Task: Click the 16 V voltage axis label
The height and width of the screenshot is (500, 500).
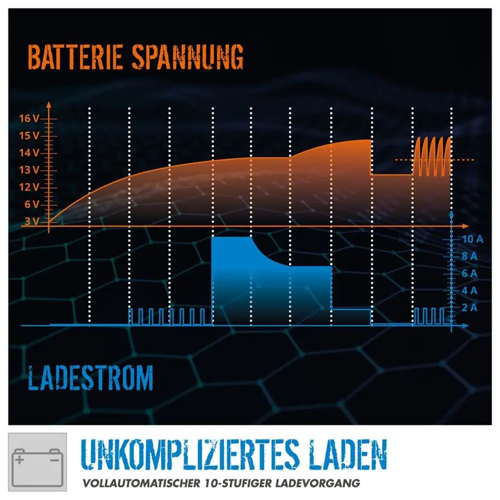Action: pos(29,119)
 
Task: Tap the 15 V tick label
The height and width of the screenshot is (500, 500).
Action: pos(29,136)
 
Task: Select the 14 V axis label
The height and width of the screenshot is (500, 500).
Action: pos(29,153)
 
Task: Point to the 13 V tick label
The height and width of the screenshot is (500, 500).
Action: pos(29,170)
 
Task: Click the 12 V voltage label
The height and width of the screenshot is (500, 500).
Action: pos(29,187)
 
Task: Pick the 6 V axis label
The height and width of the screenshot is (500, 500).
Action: pos(32,204)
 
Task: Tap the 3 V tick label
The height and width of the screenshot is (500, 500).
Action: pos(32,221)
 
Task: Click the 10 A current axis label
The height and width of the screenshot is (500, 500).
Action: pos(473,239)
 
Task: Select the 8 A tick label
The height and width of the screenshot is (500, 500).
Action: pos(469,256)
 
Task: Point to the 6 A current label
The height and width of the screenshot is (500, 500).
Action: pos(469,273)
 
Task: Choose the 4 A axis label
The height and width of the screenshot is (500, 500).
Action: pos(469,291)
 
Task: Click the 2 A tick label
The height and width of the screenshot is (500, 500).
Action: pos(469,308)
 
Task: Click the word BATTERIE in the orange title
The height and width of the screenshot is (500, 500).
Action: pos(75,57)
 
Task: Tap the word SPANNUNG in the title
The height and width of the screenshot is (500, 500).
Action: pos(188,57)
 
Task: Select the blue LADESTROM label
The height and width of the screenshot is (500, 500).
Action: pos(91,378)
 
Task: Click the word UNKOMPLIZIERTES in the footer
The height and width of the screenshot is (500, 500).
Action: pos(191,454)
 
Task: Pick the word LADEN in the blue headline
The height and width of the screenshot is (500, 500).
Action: pos(348,454)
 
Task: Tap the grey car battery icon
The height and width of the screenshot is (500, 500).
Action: pos(37,462)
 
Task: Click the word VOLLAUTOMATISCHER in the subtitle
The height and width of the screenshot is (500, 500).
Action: pos(141,483)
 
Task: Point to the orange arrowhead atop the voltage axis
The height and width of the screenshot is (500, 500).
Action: pos(48,104)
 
